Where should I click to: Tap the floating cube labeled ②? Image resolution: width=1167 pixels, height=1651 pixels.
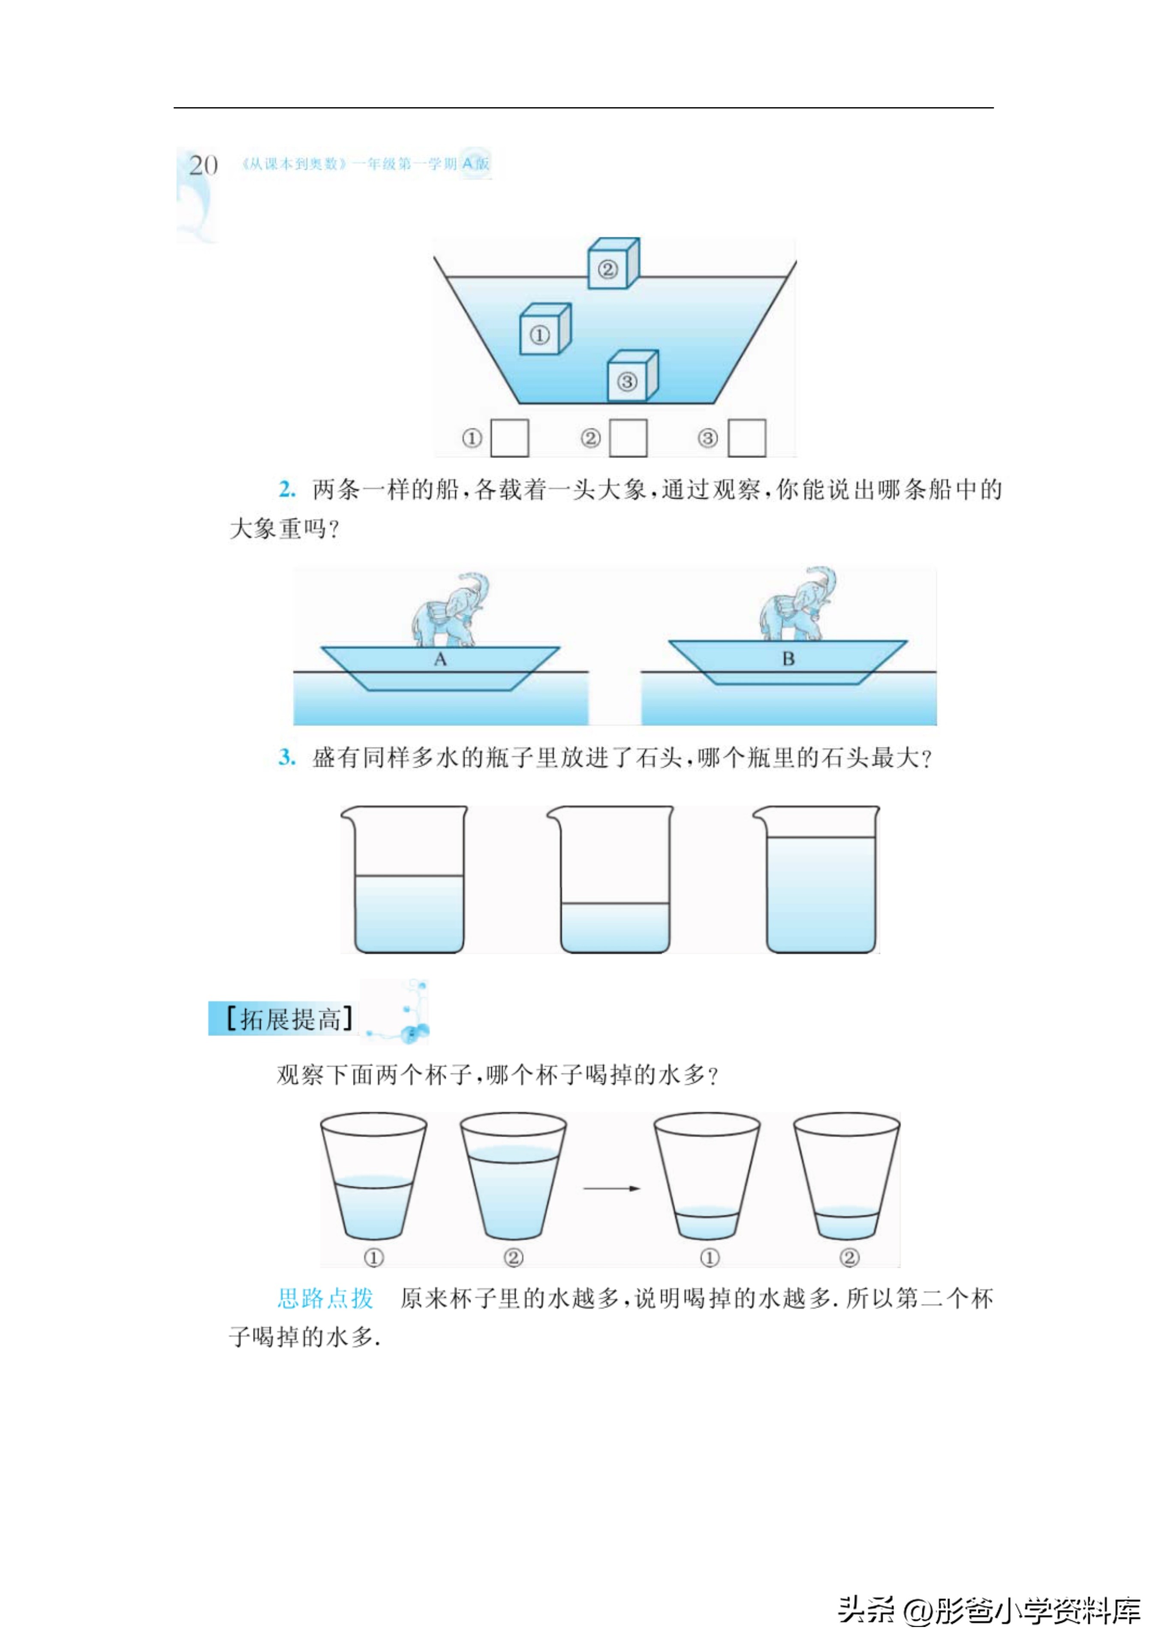(x=612, y=266)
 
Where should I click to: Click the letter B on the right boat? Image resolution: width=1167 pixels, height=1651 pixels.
(x=788, y=659)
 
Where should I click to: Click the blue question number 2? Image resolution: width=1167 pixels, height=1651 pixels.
(x=287, y=490)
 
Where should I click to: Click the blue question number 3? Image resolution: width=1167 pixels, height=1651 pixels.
(x=287, y=757)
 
